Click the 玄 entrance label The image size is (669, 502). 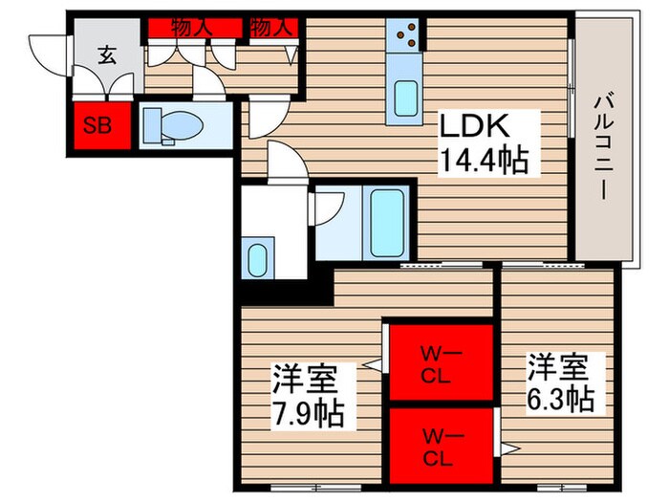coord(107,55)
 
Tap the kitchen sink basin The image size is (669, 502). coord(405,98)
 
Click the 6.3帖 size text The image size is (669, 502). coord(563,397)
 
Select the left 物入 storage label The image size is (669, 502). coord(191,29)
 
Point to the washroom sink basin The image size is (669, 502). coord(257,258)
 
